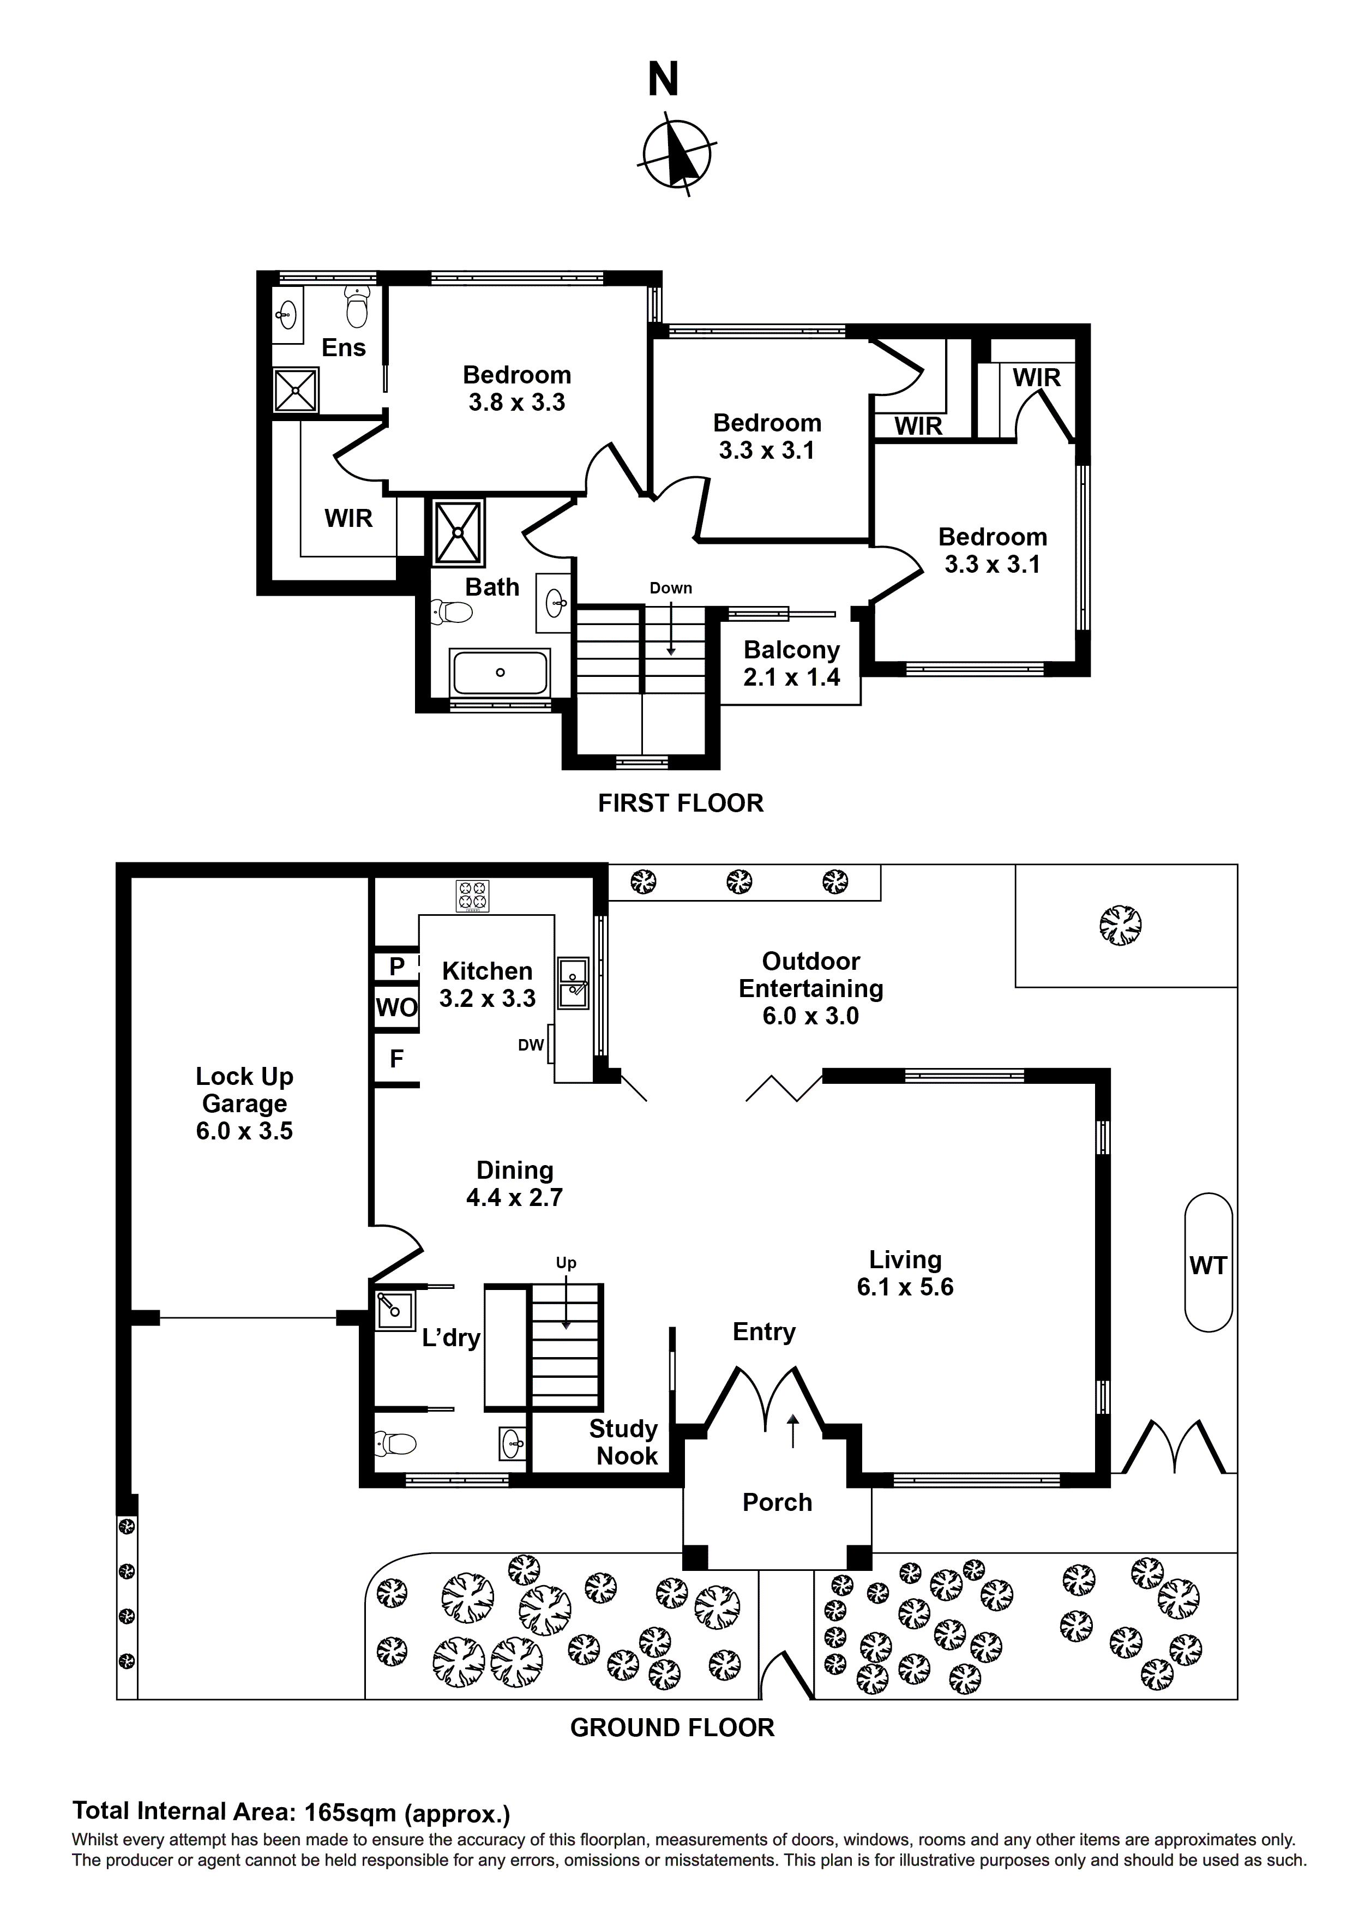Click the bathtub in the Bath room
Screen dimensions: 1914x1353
pos(500,672)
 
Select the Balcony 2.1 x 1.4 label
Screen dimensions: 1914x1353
pos(791,664)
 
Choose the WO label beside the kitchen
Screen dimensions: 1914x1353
pos(396,1008)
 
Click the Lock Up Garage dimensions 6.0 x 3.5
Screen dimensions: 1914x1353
pos(244,1131)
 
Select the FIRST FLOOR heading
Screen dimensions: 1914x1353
pos(680,803)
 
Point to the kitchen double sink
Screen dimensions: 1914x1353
pos(574,981)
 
